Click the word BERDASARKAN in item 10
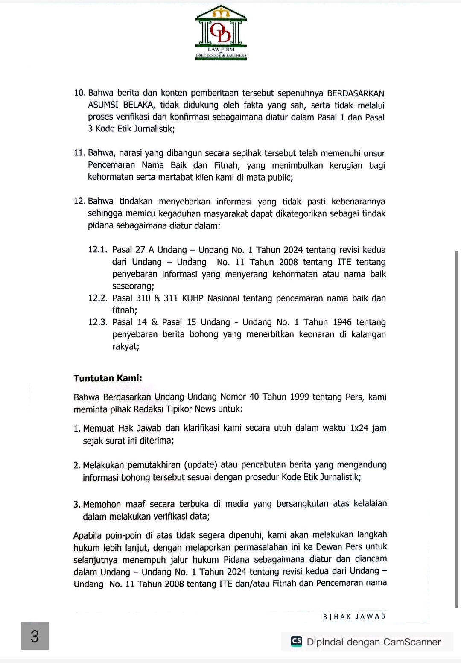point(356,93)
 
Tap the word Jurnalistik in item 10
point(154,129)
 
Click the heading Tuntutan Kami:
point(108,378)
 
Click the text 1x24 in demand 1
point(359,428)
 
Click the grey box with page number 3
point(35,636)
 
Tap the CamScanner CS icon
point(296,641)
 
